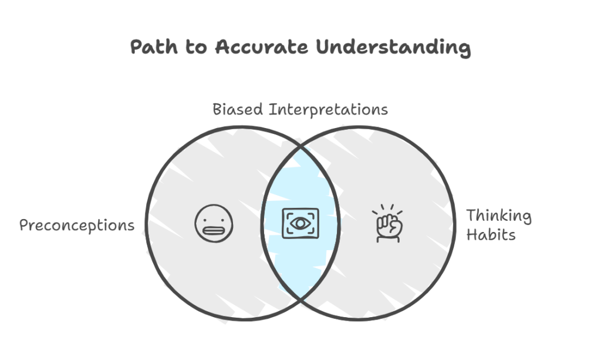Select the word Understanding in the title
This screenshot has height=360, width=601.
(393, 48)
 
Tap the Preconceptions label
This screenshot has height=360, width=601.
(77, 226)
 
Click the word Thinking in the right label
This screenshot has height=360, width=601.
(498, 216)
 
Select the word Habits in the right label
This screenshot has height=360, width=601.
(491, 235)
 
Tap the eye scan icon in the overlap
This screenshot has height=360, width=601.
(300, 223)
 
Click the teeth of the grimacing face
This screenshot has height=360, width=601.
(214, 230)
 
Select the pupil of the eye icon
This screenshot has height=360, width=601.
(300, 223)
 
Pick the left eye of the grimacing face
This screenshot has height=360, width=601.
(208, 217)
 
